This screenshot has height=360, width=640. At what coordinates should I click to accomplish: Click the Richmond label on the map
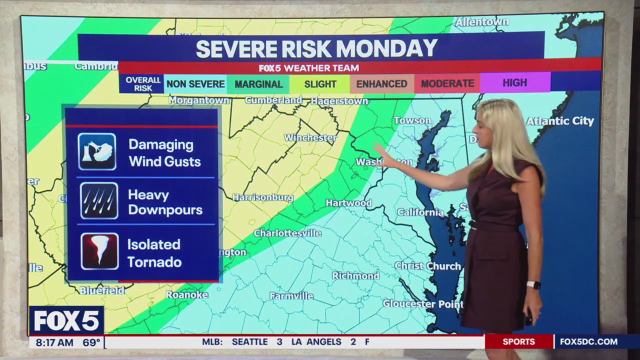point(355,275)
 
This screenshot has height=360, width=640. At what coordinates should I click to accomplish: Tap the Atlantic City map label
point(559,121)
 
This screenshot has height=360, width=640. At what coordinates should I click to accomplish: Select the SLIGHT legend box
point(320,84)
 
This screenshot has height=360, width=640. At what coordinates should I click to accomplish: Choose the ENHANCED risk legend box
point(381,84)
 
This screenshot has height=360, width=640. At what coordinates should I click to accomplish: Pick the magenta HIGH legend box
point(514,83)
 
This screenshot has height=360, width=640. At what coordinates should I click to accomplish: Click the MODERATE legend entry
point(447,84)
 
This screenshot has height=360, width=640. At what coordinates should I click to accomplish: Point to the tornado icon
point(99,251)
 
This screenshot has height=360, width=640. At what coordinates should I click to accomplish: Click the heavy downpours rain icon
point(99,201)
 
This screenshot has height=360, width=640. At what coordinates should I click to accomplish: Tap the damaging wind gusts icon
point(97,151)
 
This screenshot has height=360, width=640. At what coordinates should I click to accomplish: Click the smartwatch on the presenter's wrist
point(533,285)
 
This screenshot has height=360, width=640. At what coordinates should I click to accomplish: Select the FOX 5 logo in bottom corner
point(66,320)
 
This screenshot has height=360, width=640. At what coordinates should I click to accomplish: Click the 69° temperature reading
point(91,342)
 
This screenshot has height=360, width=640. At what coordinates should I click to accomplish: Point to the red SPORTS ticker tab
point(518,342)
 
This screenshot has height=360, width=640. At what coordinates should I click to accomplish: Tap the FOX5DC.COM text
point(588,342)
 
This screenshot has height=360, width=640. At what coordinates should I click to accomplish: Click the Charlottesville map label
point(287,233)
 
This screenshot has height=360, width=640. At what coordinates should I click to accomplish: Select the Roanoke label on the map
point(186,295)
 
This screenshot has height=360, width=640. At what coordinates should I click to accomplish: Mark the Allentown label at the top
point(481,22)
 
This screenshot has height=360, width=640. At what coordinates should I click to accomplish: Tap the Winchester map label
point(310,137)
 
